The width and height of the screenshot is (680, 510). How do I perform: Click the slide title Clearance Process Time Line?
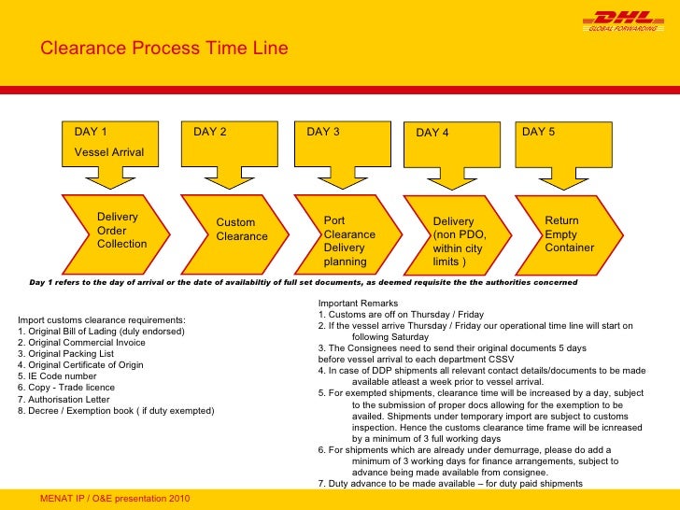click(163, 49)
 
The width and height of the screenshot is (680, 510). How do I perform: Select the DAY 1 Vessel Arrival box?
click(110, 142)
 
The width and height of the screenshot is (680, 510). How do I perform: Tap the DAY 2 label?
click(210, 132)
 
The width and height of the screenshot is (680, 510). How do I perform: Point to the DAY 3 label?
click(323, 132)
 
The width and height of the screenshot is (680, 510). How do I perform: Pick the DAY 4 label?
click(432, 133)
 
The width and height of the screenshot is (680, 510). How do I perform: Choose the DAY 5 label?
click(539, 132)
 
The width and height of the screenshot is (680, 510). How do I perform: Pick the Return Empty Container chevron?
click(568, 234)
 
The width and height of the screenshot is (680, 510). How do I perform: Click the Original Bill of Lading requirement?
click(102, 332)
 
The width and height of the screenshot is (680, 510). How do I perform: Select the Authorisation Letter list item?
click(64, 399)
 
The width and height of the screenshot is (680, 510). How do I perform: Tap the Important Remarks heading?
click(358, 304)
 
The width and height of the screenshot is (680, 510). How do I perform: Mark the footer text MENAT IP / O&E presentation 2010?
click(115, 498)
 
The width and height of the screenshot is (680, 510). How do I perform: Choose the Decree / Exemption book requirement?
click(116, 410)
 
